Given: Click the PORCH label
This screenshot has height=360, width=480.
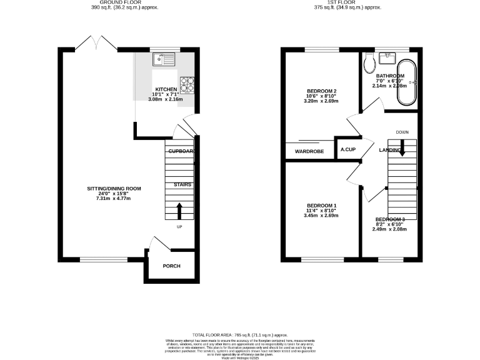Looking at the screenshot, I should [171, 266].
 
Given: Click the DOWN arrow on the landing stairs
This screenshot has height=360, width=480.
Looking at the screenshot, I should [402, 147].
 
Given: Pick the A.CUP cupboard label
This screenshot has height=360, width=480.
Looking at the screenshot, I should [347, 151].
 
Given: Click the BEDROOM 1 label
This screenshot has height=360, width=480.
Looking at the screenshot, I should [322, 206].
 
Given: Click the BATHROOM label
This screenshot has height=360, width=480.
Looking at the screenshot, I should [390, 76].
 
